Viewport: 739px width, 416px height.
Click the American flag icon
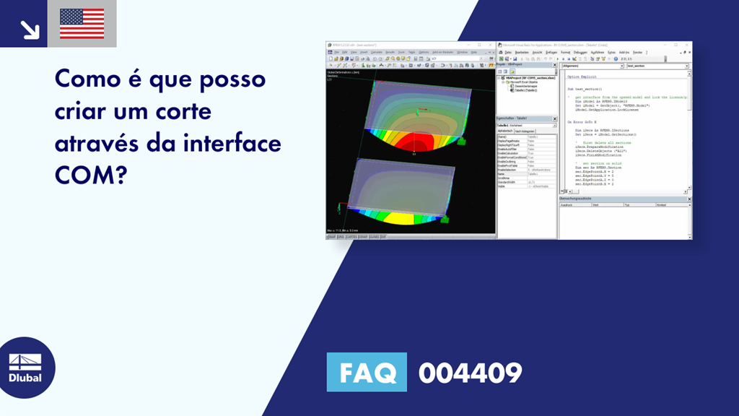[x=82, y=24]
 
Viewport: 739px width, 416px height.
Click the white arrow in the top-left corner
[x=30, y=29]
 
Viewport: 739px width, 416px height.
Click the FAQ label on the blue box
[x=367, y=373]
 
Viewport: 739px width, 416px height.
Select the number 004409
[x=470, y=373]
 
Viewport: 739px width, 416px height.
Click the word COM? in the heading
[x=90, y=175]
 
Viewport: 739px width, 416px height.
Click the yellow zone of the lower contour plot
[x=404, y=215]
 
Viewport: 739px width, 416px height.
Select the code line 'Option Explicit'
[x=582, y=77]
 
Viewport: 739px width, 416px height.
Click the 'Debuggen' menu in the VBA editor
[x=580, y=53]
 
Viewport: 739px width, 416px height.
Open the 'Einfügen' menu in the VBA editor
[x=551, y=53]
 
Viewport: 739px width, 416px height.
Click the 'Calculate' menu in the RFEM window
[x=377, y=52]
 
